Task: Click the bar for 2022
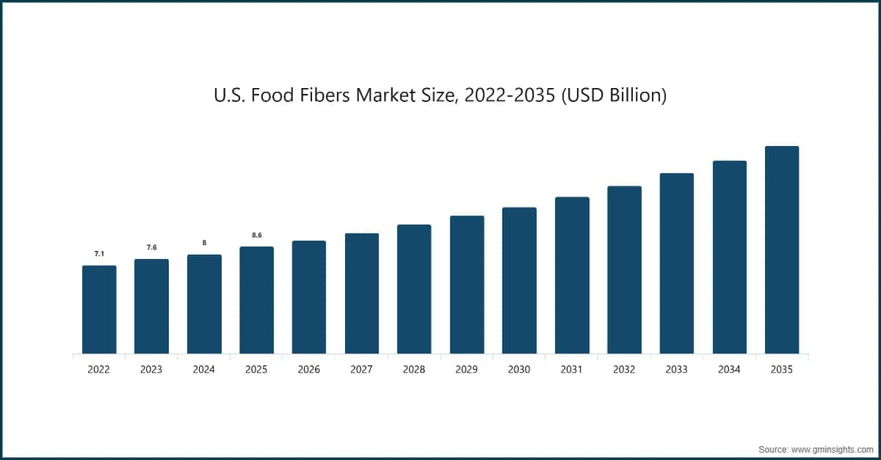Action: [99, 310]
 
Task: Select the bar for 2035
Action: [782, 250]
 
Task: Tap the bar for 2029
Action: [467, 285]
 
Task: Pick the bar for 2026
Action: [309, 297]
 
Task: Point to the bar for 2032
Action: [625, 270]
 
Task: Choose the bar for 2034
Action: [730, 258]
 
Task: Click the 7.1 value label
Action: [99, 254]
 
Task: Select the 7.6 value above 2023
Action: [151, 247]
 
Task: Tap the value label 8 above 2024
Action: [204, 243]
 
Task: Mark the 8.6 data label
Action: [257, 235]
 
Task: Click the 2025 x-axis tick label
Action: [257, 370]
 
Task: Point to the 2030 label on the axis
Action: [519, 370]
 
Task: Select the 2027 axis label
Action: [361, 370]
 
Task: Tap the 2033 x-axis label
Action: [677, 370]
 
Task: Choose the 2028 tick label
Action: [414, 370]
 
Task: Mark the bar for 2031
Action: [572, 275]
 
